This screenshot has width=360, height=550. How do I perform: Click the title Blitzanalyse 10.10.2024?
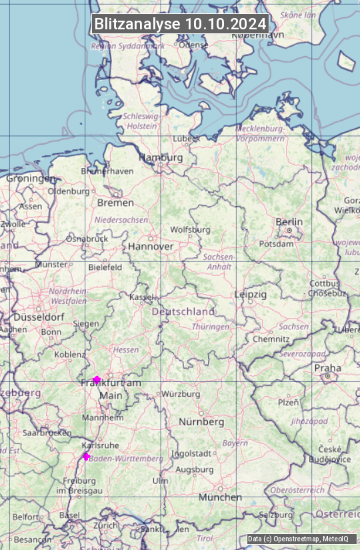pyautogui.click(x=180, y=24)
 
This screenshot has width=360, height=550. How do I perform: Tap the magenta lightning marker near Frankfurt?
pyautogui.click(x=97, y=379)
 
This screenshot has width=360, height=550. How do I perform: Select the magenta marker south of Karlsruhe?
pyautogui.click(x=86, y=456)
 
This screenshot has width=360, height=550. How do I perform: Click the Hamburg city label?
pyautogui.click(x=160, y=158)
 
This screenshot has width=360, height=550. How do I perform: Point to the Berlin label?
pyautogui.click(x=289, y=222)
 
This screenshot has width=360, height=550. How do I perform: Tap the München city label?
pyautogui.click(x=220, y=497)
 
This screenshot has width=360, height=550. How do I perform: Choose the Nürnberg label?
pyautogui.click(x=201, y=422)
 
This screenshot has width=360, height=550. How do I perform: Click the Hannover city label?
pyautogui.click(x=151, y=246)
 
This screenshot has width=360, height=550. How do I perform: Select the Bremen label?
pyautogui.click(x=115, y=203)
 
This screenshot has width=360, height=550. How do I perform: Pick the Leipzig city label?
pyautogui.click(x=250, y=294)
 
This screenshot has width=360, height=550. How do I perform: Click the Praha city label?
pyautogui.click(x=327, y=368)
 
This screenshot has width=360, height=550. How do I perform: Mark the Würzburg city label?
pyautogui.click(x=181, y=394)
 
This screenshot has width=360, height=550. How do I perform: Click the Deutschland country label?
pyautogui.click(x=183, y=311)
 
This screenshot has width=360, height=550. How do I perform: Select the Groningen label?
pyautogui.click(x=31, y=179)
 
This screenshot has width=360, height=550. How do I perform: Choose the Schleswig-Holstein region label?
pyautogui.click(x=141, y=121)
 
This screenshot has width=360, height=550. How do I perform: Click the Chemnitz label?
pyautogui.click(x=271, y=339)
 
